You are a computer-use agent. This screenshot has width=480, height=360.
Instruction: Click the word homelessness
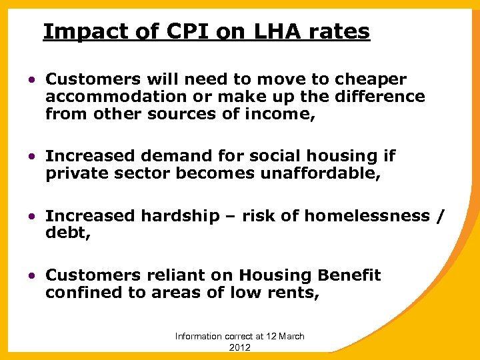click(367, 216)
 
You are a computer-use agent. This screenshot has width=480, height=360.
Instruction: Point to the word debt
click(63, 233)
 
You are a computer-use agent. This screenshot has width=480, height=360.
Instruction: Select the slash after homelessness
click(438, 216)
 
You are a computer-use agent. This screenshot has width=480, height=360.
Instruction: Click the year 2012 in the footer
click(239, 347)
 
